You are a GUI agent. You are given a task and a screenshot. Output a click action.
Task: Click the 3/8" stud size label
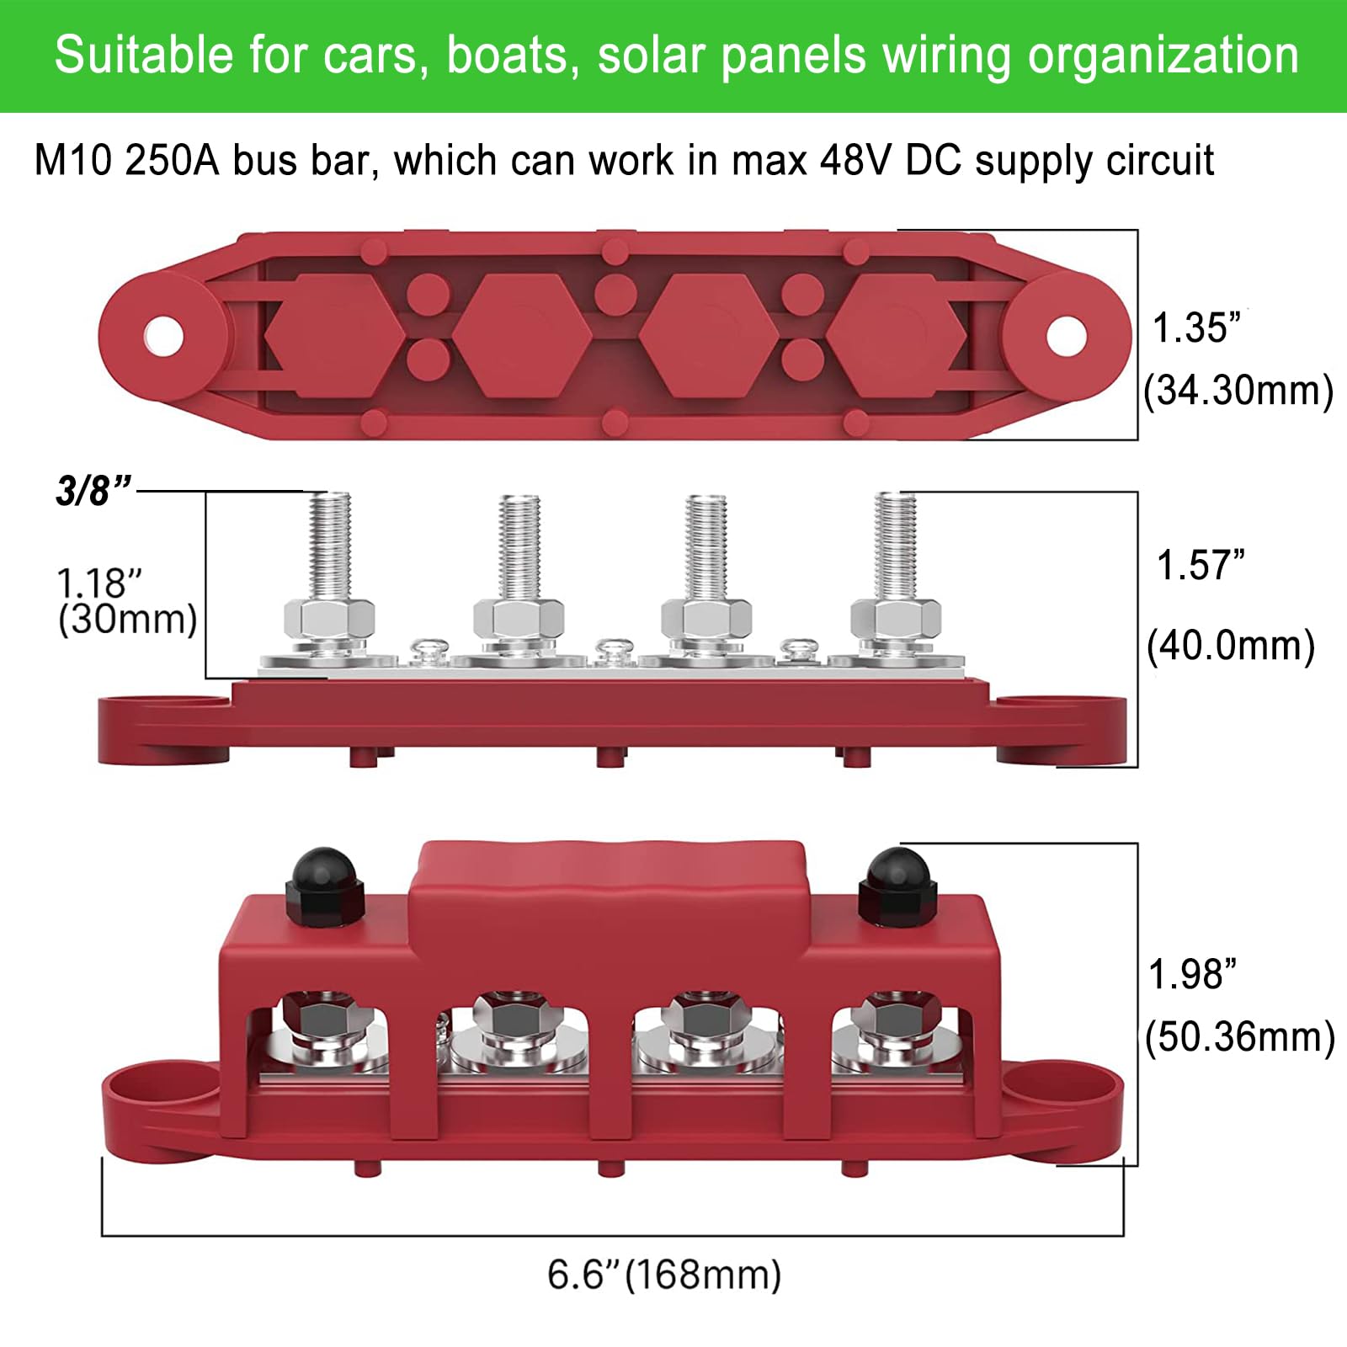93,490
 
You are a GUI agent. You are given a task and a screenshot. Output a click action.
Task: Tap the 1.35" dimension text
1196,328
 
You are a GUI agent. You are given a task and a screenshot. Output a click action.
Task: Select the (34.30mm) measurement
1238,391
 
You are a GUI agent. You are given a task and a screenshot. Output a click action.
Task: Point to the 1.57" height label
1200,565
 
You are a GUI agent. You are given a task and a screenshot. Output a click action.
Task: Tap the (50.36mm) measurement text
1239,1036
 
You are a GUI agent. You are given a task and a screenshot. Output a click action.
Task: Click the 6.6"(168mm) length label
664,1275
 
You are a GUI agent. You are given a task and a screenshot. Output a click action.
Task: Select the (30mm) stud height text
127,620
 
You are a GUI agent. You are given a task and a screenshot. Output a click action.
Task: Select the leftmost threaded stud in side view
330,547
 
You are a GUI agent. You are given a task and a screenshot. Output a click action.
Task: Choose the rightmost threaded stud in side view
895,547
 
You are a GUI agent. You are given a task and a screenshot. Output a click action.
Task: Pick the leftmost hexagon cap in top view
335,335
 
